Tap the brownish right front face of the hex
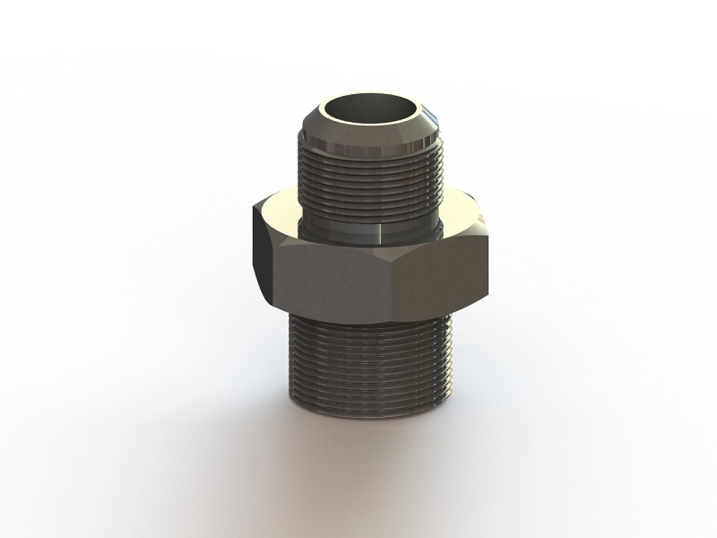pos(444,269)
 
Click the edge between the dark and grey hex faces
pos(273,260)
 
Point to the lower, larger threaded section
pos(371,359)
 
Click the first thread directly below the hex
pos(372,317)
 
